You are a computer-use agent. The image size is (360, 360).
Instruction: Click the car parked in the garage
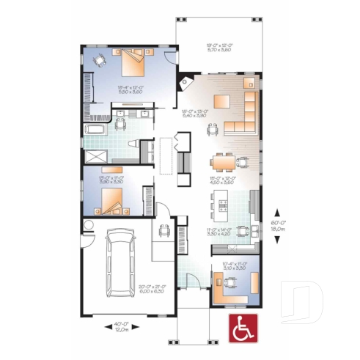[x=118, y=262]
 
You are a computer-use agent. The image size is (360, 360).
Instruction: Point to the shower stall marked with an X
[x=95, y=155]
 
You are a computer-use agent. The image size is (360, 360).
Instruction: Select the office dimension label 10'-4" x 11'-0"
[x=235, y=266]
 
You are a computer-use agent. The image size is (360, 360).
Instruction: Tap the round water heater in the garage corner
[x=89, y=224]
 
